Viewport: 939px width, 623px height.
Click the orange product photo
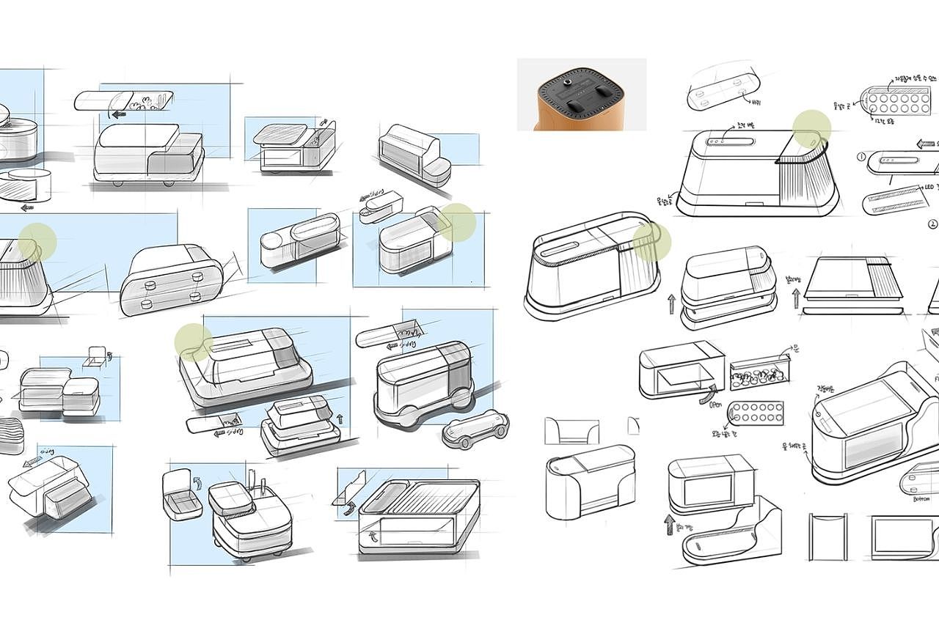pyautogui.click(x=582, y=95)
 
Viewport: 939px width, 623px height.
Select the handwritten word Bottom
pyautogui.click(x=921, y=499)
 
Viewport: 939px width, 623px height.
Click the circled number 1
pyautogui.click(x=861, y=157)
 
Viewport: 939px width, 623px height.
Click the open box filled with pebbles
pyautogui.click(x=761, y=372)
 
